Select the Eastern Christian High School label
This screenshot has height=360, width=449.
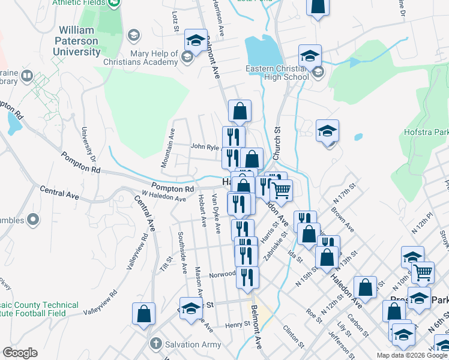[x=277, y=73]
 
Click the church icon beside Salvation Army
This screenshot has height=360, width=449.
[x=155, y=344]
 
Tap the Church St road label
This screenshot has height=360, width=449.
[x=277, y=143]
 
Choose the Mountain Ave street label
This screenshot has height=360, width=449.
[x=167, y=148]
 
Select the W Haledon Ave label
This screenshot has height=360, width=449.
[x=164, y=195]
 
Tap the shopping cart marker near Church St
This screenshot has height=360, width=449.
[x=280, y=191]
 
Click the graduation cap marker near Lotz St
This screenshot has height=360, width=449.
[x=195, y=41]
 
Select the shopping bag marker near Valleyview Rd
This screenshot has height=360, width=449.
[x=143, y=314]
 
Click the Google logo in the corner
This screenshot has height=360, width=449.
[x=20, y=353]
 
